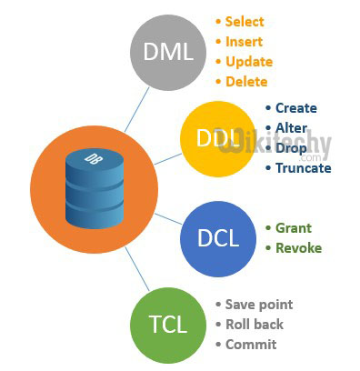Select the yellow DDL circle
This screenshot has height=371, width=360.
click(215, 138)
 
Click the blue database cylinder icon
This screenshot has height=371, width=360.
click(95, 190)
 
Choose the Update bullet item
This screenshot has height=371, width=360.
click(249, 62)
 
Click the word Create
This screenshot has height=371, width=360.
click(296, 107)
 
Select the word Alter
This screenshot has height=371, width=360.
click(291, 128)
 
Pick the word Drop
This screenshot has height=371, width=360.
click(291, 147)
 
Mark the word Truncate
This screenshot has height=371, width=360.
click(303, 167)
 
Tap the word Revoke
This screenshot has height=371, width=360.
click(299, 247)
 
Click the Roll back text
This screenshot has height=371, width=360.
click(254, 324)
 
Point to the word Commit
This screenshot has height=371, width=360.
click(250, 344)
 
